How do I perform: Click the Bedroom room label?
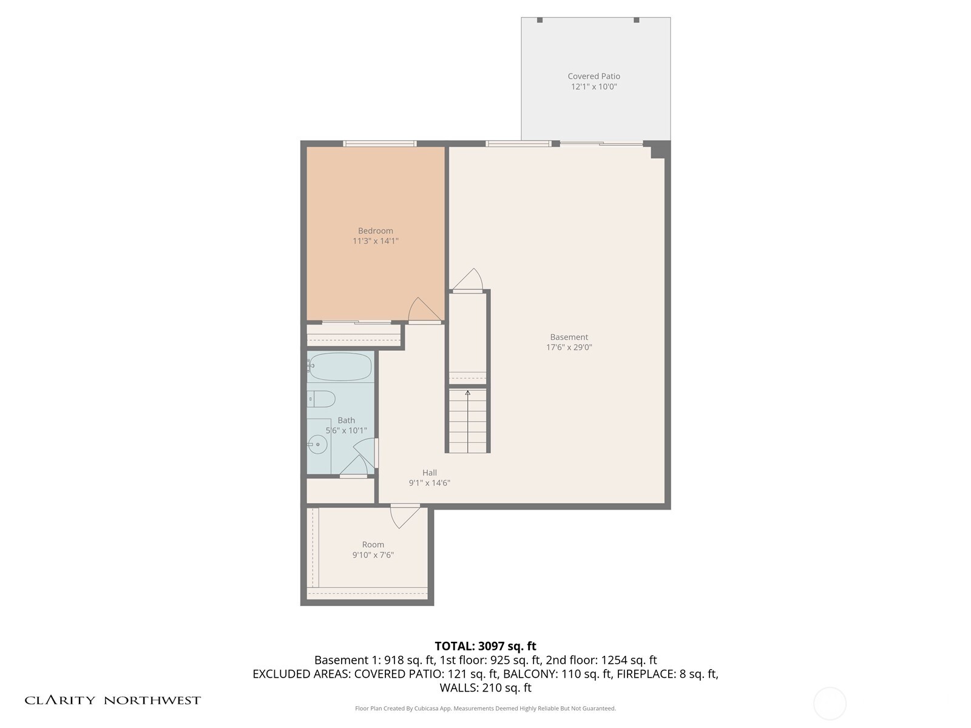[x=375, y=231]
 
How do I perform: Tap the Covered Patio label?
[x=594, y=76]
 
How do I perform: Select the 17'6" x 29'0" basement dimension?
[x=569, y=348]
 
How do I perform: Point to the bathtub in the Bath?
[x=340, y=366]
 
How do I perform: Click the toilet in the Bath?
[x=322, y=399]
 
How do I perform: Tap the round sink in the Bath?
[x=317, y=444]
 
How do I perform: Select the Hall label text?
[x=429, y=473]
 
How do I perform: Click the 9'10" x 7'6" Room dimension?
[x=373, y=555]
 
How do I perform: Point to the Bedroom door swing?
[x=423, y=311]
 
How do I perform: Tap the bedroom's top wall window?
[x=379, y=144]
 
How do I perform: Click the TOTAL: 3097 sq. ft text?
[x=485, y=646]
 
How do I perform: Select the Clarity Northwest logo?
[x=112, y=700]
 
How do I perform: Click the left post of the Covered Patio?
[x=540, y=20]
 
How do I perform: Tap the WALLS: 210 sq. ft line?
[x=485, y=688]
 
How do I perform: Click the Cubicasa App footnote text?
[x=485, y=709]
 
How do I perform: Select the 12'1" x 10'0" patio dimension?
[x=594, y=87]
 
